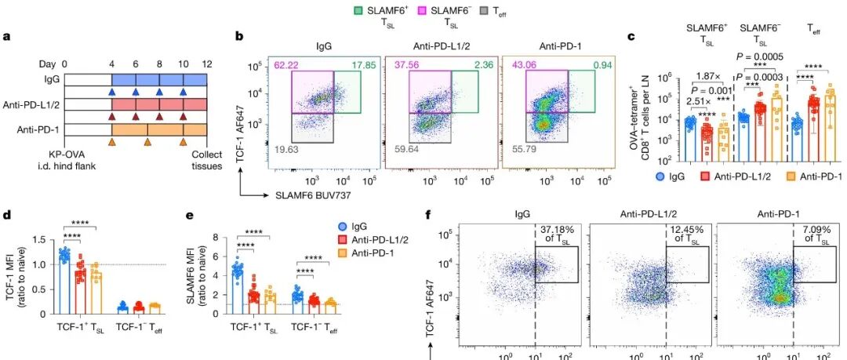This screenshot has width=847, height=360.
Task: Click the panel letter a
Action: point(6,37)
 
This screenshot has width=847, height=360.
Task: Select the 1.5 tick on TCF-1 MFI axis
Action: point(35,239)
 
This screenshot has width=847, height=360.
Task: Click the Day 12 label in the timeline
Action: point(207,64)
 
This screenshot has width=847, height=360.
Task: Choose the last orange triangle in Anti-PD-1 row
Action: point(184,142)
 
